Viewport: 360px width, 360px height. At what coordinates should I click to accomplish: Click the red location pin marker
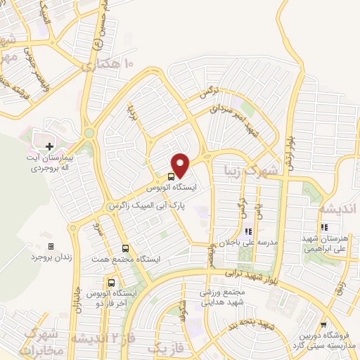click(x=181, y=165)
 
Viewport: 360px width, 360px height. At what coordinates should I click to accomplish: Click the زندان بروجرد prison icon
click(x=50, y=246)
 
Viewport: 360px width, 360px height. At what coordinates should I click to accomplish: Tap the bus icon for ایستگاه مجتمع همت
click(x=125, y=248)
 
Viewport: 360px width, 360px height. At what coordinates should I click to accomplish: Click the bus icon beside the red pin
click(x=171, y=178)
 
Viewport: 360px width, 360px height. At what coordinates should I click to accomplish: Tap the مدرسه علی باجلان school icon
click(x=247, y=231)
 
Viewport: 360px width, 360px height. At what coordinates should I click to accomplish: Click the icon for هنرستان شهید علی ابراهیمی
click(x=324, y=227)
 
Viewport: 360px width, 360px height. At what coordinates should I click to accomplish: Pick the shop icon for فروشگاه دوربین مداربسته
click(x=323, y=325)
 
